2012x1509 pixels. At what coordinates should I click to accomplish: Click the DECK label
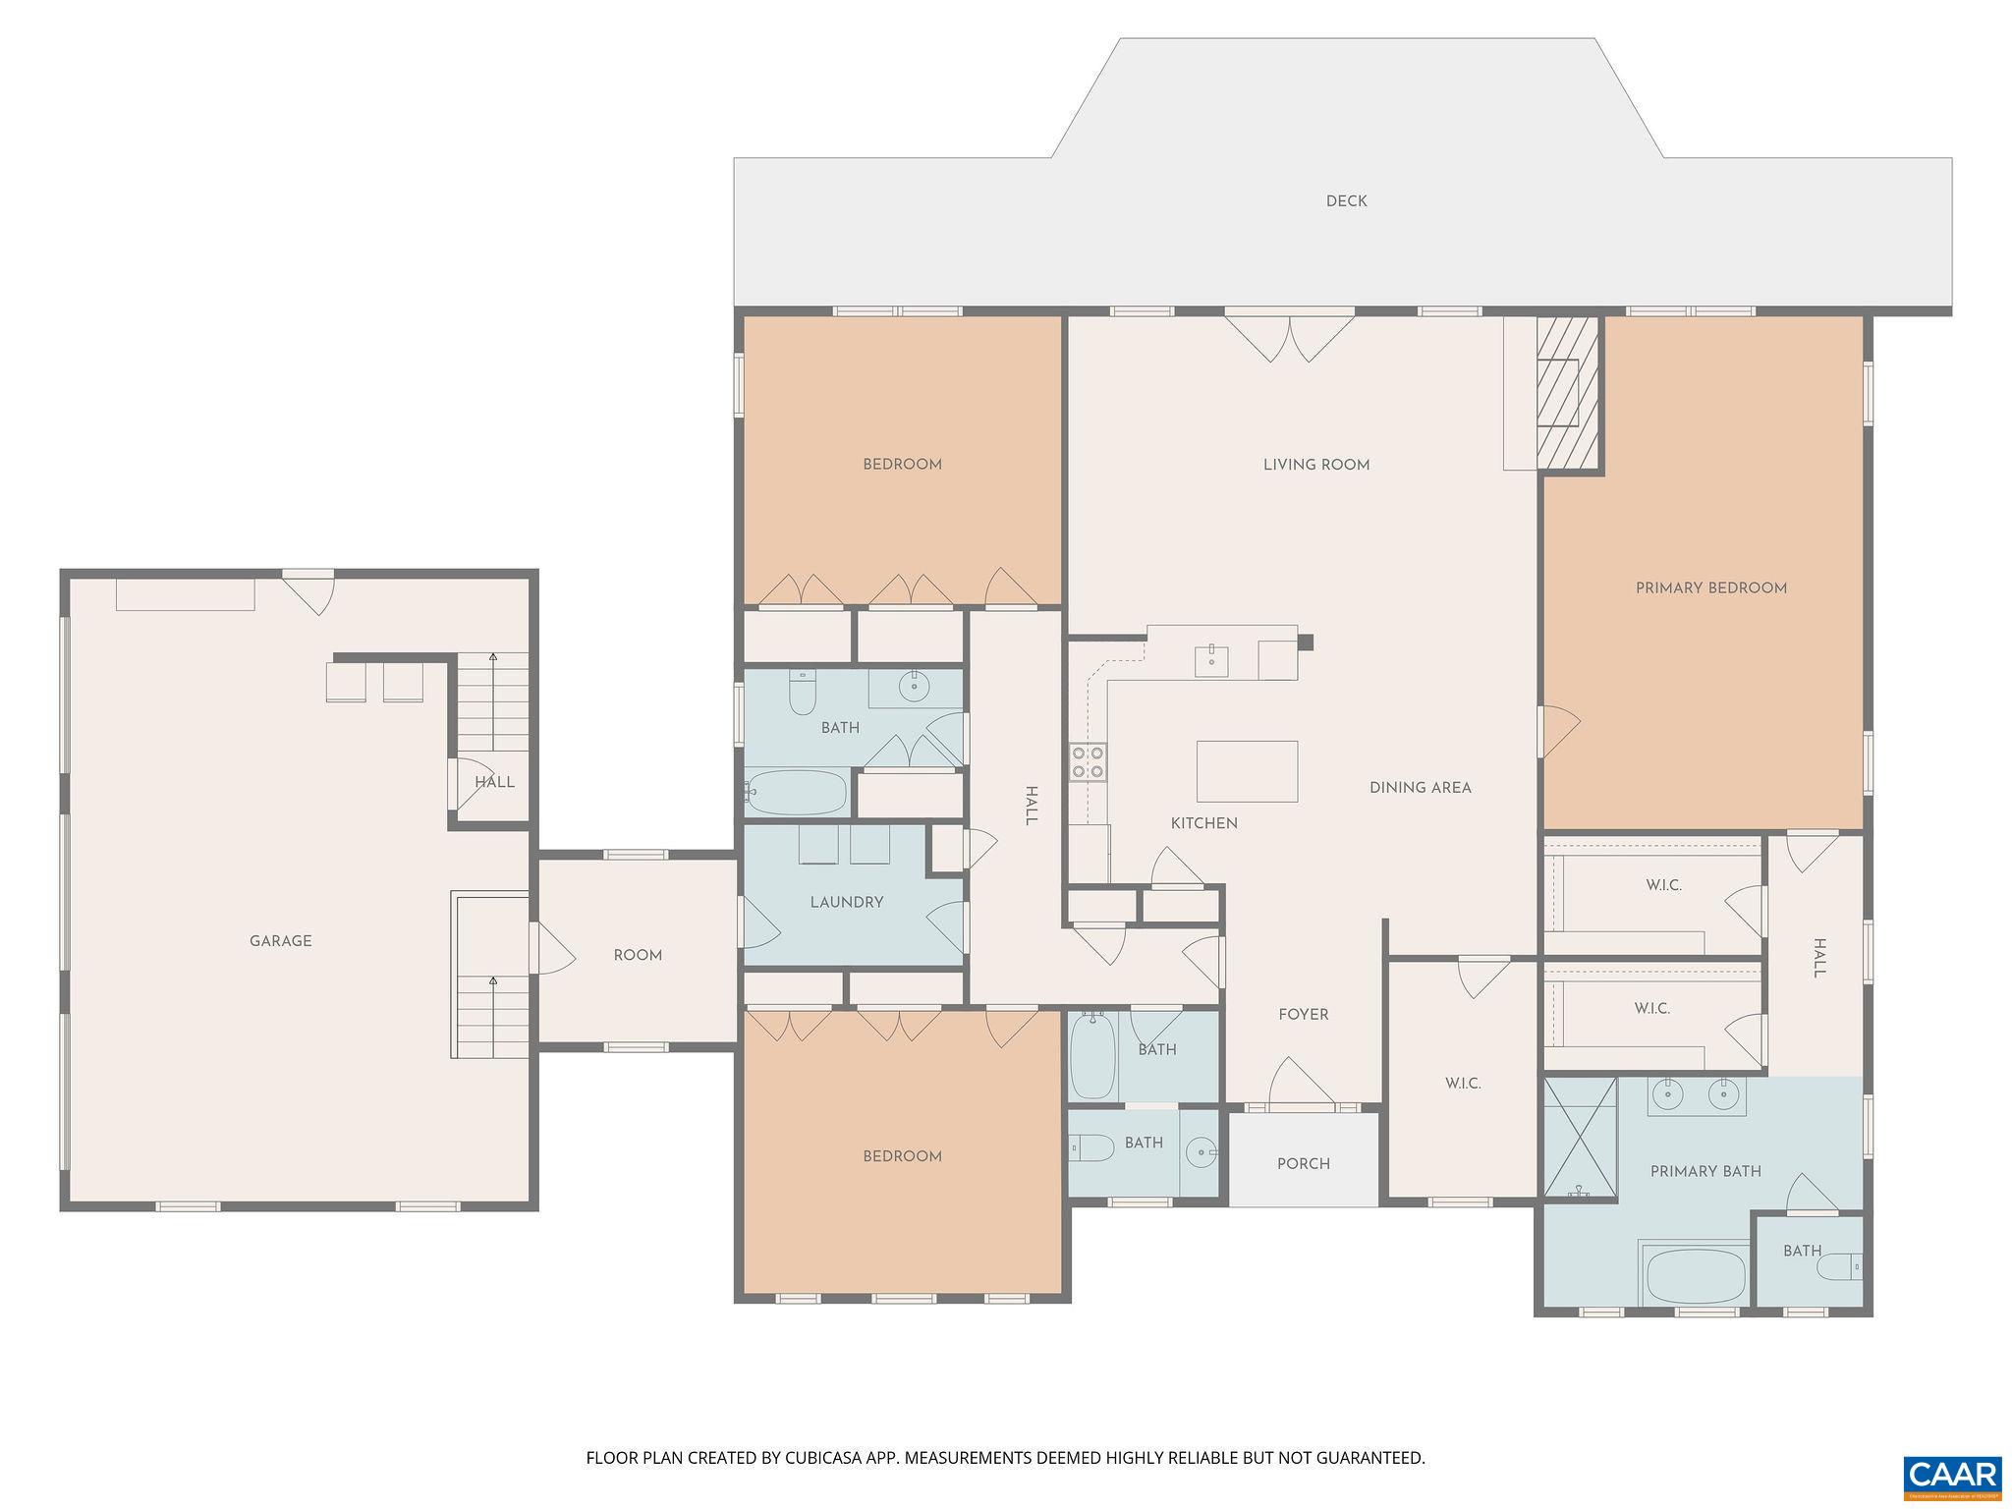click(x=1346, y=201)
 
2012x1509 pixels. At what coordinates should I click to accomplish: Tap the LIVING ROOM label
click(x=1315, y=465)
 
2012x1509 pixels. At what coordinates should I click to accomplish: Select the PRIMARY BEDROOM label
click(x=1710, y=588)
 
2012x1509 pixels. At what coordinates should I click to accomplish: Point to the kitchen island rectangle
click(x=1247, y=771)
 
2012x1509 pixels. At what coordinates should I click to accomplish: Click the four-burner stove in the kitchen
click(x=1088, y=762)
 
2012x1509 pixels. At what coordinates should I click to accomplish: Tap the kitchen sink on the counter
click(x=1211, y=661)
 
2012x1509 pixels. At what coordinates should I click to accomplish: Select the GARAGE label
click(x=280, y=941)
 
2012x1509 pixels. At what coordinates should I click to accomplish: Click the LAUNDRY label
click(x=846, y=902)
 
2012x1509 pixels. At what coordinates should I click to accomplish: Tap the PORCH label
click(x=1303, y=1164)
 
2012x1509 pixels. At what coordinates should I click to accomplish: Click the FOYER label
click(x=1303, y=1015)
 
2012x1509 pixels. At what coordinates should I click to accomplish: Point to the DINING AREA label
click(x=1420, y=788)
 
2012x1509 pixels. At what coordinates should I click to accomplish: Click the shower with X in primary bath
click(x=1580, y=1139)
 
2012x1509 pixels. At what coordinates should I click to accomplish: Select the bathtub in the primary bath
click(x=1696, y=1275)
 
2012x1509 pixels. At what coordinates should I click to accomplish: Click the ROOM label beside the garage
click(x=638, y=955)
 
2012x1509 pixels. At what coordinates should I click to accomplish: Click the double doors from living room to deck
click(x=1289, y=336)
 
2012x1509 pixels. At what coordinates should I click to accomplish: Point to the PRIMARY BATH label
click(x=1705, y=1171)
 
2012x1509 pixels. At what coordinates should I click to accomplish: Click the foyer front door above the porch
click(x=1301, y=1085)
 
